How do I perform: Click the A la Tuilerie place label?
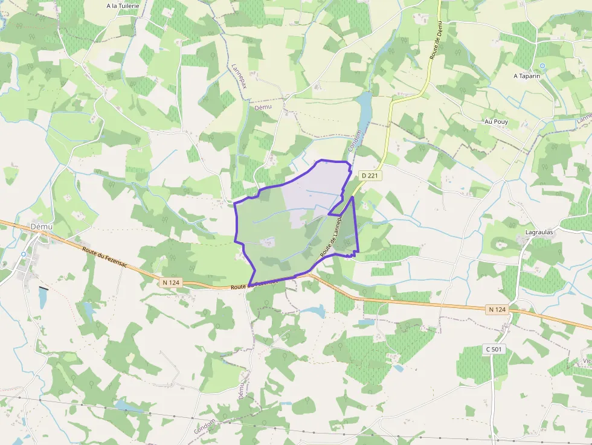[123, 6]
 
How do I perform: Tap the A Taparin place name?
[526, 76]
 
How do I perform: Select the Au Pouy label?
[496, 121]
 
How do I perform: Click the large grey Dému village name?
[41, 226]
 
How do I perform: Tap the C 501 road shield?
[494, 349]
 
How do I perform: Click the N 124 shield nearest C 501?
[497, 310]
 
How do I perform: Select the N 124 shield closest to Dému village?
[171, 282]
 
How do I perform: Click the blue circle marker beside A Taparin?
[542, 65]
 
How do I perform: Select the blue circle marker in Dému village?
[23, 254]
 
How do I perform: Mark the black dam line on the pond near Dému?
[43, 288]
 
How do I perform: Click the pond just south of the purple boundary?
[313, 311]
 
